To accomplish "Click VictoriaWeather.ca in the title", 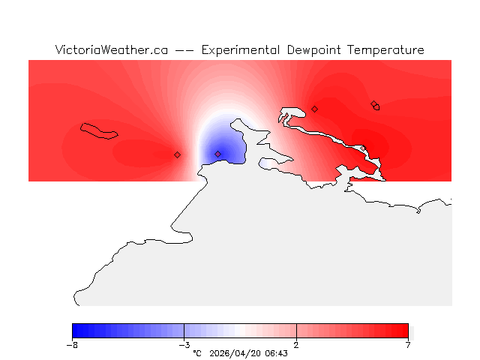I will pos(111,50).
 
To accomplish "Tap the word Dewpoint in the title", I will pos(316,50).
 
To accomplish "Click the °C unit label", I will pos(197,352).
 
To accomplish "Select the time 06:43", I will pos(277,352).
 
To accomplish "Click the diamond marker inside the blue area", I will pos(218,154).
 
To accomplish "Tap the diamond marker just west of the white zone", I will pos(177,154).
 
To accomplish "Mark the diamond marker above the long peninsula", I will pos(314,109).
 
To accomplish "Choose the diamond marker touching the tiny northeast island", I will pos(373,104).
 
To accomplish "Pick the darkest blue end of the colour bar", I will pos(75,331).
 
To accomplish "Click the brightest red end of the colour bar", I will pos(405,331).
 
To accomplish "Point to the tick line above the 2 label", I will pos(296,331).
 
